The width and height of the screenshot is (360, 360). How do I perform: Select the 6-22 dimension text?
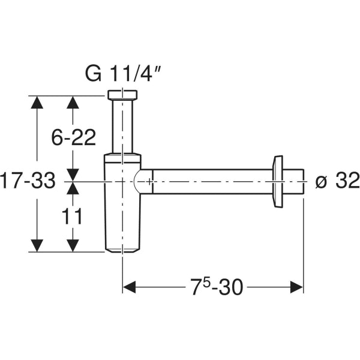[x=73, y=138]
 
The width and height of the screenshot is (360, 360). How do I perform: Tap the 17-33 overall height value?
[x=28, y=180]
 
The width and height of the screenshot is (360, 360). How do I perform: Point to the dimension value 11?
[x=73, y=217]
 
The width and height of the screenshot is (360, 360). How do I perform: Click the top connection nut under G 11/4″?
[x=122, y=95]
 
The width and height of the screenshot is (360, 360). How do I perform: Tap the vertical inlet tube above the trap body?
[x=122, y=126]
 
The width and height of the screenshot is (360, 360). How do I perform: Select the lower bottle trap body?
[x=122, y=222]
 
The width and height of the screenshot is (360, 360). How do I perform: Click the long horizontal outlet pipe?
[x=210, y=181]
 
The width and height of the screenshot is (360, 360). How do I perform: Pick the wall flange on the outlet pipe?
[x=278, y=181]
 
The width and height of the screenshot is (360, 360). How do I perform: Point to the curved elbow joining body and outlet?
[x=142, y=181]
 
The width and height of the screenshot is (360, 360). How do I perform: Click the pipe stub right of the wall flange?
[x=294, y=181]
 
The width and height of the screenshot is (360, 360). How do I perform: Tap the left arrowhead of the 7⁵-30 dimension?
[x=130, y=288]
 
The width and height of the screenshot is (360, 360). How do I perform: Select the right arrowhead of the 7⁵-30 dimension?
[x=296, y=288]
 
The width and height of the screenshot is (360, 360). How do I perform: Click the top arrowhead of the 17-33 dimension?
[x=37, y=102]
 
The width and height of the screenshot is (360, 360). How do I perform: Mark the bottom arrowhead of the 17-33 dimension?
[x=37, y=245]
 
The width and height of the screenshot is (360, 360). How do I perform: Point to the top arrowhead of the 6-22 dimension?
[x=73, y=102]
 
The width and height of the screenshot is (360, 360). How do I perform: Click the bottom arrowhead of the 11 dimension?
[x=73, y=245]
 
